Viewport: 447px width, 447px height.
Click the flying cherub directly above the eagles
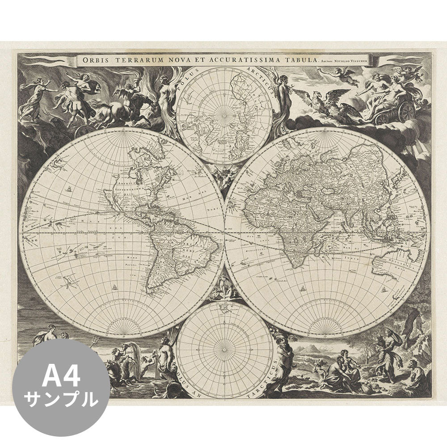coord(341,74)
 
